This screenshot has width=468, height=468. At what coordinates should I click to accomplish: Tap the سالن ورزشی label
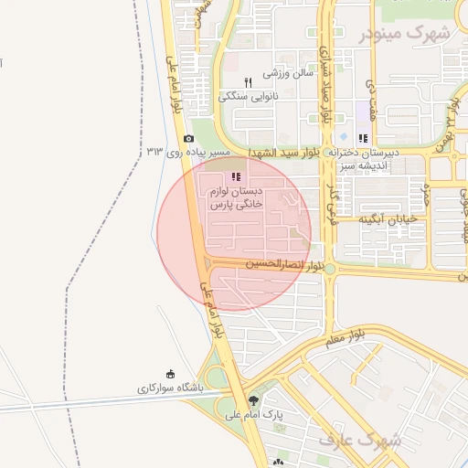click(289, 72)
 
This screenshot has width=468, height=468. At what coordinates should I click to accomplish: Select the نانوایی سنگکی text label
click(248, 95)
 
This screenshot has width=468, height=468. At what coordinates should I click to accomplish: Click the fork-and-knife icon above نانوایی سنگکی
click(248, 82)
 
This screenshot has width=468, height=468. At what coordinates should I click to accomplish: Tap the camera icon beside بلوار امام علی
click(188, 139)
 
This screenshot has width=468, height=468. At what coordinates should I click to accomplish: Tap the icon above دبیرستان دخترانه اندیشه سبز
click(363, 139)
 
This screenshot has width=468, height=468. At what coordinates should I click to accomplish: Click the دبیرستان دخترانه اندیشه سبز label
click(364, 159)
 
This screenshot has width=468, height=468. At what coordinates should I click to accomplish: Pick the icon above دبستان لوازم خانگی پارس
click(236, 176)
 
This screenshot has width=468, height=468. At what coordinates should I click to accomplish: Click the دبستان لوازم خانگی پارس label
click(236, 199)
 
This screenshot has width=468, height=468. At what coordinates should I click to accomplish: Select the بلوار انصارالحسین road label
click(286, 264)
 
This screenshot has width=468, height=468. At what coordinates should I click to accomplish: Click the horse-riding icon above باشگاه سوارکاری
click(171, 374)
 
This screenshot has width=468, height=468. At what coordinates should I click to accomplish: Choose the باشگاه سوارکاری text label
click(171, 388)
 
